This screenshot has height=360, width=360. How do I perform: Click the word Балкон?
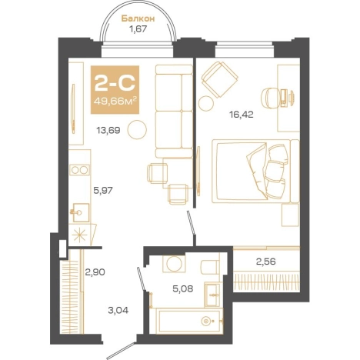(x=138, y=18)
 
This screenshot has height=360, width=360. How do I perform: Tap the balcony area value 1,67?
(x=138, y=29)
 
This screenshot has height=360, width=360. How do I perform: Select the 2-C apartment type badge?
(x=115, y=89)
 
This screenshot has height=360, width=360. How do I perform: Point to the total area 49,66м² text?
(x=115, y=101)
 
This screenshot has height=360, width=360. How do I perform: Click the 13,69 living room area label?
(x=108, y=131)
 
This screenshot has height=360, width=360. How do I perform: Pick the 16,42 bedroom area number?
(x=242, y=115)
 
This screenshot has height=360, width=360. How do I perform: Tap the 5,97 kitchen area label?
(x=103, y=191)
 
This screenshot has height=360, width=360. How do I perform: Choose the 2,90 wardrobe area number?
(x=95, y=272)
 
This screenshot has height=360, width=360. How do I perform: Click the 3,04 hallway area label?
(x=118, y=311)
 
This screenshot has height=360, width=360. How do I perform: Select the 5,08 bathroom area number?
(x=183, y=289)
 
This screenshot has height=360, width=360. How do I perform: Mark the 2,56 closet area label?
(x=266, y=262)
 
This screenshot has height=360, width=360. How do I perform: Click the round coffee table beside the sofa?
(x=138, y=129)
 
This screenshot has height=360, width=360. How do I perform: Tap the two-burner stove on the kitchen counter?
(x=79, y=170)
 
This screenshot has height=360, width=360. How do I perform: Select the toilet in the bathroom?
(x=211, y=267)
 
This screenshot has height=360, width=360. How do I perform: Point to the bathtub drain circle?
(x=206, y=321)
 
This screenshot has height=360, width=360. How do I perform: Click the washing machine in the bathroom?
(x=174, y=264)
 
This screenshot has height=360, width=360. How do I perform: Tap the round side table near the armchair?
(x=206, y=103)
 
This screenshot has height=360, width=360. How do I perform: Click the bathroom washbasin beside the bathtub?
(x=212, y=295)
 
